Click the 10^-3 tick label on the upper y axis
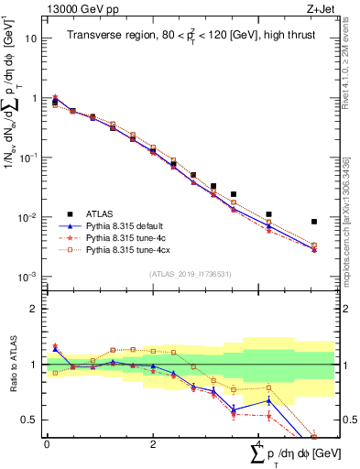tap(29, 277)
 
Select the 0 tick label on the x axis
tap(47, 444)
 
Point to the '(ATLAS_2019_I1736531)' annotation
tap(191, 274)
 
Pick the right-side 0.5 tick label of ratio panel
tap(347, 420)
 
